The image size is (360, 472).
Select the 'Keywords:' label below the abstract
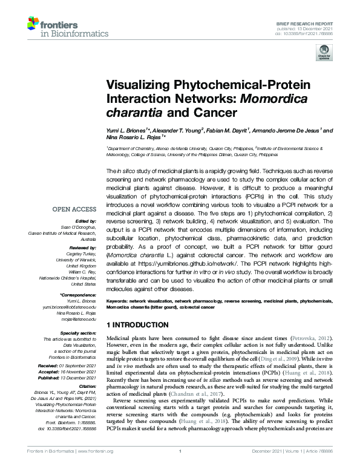(x=120, y=300)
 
